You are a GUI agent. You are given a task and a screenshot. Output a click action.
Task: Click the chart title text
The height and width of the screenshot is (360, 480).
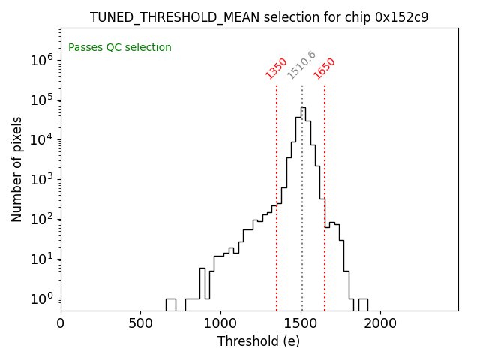tap(259, 17)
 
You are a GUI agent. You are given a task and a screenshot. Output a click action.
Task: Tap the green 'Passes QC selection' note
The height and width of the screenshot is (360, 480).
tap(120, 48)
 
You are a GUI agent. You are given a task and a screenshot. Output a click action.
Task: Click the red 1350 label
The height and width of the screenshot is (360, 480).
tap(276, 68)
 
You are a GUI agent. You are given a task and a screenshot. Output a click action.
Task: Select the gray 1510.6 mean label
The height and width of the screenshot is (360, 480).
tap(301, 65)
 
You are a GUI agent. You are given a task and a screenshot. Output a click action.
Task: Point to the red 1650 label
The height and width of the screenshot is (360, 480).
tap(324, 68)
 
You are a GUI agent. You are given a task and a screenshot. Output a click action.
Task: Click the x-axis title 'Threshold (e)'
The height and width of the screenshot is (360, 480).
tap(259, 341)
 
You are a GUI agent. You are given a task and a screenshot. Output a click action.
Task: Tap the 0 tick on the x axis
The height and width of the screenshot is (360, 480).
tap(61, 323)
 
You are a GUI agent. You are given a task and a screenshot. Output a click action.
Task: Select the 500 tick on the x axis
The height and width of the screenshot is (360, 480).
tap(140, 323)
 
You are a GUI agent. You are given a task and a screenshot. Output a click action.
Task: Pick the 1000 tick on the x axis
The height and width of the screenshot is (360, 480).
tap(220, 323)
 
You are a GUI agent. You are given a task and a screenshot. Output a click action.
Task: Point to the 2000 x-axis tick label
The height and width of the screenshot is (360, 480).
tap(380, 323)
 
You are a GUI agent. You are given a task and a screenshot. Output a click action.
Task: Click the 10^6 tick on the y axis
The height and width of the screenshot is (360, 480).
tap(41, 60)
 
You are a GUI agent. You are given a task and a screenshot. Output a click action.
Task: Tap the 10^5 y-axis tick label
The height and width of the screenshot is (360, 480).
tap(41, 100)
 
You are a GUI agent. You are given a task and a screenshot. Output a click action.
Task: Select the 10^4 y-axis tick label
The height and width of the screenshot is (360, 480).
tap(41, 139)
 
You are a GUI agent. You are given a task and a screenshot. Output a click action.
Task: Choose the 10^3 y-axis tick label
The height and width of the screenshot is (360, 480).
tap(41, 179)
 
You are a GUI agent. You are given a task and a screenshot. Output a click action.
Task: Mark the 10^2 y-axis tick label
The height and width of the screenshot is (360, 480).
tap(41, 219)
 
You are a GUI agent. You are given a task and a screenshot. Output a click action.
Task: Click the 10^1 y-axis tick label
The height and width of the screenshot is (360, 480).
tap(41, 259)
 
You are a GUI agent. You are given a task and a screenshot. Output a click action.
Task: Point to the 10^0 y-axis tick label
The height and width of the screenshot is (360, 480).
tap(41, 298)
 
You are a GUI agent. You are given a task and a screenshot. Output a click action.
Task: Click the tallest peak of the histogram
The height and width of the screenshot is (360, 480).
tap(303, 107)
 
